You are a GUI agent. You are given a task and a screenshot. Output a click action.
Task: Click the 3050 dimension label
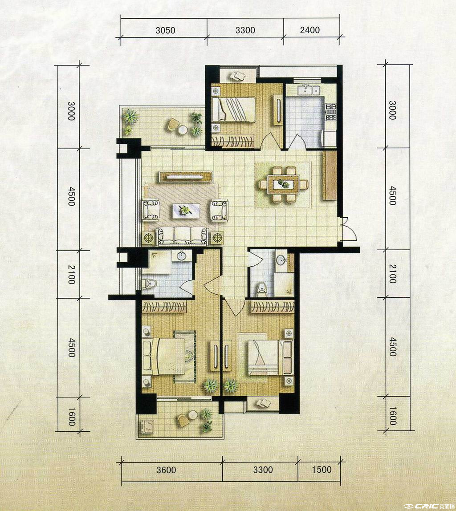165,30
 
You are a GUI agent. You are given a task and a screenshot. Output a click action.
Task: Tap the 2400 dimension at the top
309,30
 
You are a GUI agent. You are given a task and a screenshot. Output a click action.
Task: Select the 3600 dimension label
166,470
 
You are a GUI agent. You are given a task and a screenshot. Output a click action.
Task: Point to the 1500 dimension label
322,470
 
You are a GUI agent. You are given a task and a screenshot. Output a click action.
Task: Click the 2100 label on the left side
72,274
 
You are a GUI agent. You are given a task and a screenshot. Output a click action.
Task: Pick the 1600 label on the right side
393,416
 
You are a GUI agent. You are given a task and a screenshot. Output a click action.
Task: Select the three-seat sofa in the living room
183,236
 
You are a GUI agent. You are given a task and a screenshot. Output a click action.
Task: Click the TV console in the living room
186,177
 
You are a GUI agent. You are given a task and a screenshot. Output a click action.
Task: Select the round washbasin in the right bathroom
281,260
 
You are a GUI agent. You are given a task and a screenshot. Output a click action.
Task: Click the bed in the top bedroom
233,109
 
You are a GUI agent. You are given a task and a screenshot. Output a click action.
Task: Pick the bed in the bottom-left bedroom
163,357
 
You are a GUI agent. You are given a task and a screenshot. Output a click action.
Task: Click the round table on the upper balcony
183,130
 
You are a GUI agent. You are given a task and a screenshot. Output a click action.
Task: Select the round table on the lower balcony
193,414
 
